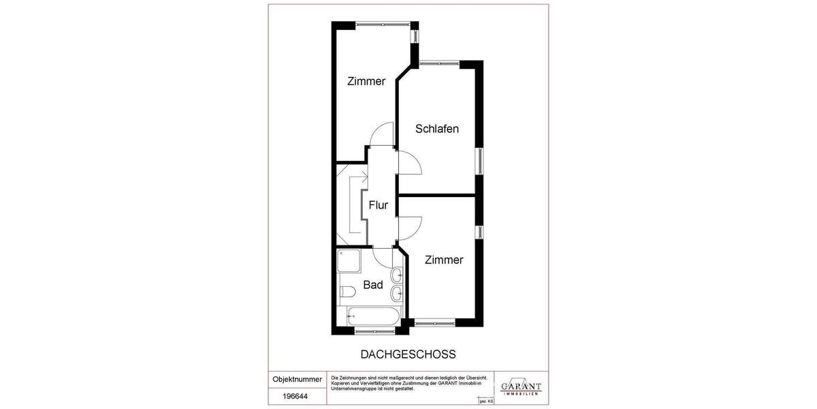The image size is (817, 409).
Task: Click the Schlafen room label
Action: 436,128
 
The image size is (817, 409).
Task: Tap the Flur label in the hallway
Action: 379,204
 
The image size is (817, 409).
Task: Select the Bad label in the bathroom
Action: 372,284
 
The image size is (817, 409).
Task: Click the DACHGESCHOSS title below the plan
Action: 407,354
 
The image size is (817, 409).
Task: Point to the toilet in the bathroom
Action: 347,292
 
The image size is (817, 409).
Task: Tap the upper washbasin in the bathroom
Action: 398,275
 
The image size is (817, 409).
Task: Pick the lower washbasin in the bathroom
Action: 398,294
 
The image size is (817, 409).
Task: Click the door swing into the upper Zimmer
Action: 381,134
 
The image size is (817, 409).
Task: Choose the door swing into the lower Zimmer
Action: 409,226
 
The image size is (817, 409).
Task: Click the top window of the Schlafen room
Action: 440,64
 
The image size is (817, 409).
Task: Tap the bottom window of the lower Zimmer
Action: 436,321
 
